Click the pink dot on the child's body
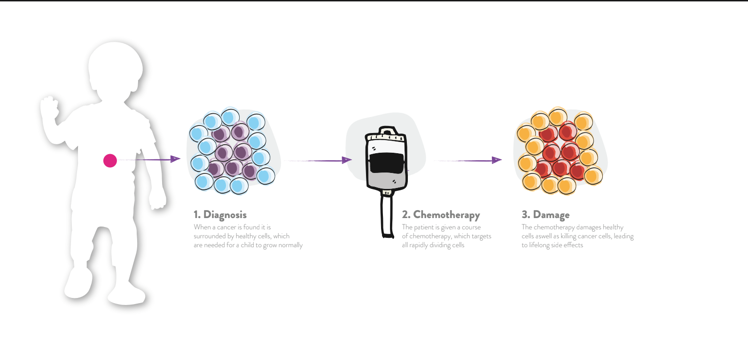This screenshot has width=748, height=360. point(110,161)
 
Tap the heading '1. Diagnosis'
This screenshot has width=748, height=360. point(220,214)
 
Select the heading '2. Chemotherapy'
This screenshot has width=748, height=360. point(441,215)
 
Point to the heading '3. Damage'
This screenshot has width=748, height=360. point(545,215)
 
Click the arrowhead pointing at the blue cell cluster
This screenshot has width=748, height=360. point(175,159)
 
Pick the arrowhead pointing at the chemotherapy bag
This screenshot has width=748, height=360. point(347,160)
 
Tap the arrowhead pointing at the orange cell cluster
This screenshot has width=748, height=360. point(497,160)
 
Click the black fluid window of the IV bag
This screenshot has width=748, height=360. point(387,163)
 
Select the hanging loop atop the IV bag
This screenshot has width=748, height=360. point(387,130)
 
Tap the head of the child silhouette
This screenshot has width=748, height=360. point(115,69)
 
